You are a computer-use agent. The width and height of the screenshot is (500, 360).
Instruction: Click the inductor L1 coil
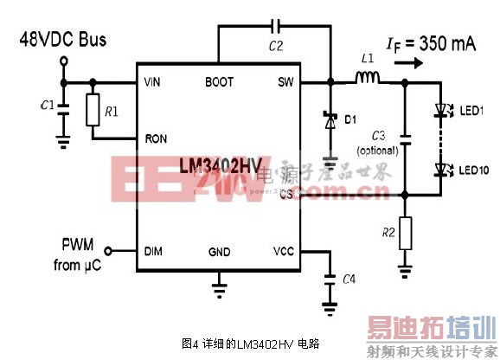coord(368,80)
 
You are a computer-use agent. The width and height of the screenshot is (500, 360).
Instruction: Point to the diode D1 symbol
coord(330,121)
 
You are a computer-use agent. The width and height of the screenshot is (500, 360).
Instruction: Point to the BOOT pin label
coord(219,82)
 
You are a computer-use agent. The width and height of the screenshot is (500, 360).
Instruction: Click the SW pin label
coord(286,82)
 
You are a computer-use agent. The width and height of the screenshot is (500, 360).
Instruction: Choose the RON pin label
coord(157,138)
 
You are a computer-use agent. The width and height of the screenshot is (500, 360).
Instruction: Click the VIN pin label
coord(154,82)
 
